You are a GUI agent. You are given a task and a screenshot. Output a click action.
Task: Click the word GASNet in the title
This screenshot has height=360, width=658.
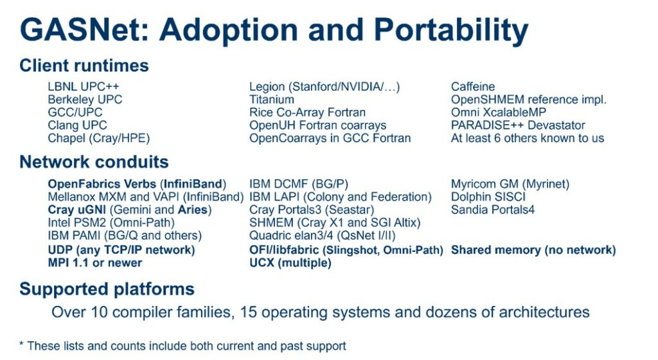[84, 30]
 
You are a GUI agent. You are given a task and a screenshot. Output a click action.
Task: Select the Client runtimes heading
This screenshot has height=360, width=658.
[84, 66]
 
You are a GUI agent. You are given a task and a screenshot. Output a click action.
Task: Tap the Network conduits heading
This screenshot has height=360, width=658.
[94, 162]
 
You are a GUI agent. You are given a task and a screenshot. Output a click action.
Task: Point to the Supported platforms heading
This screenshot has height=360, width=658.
[107, 289]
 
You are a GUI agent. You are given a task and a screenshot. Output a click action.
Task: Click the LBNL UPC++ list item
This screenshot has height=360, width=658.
[84, 86]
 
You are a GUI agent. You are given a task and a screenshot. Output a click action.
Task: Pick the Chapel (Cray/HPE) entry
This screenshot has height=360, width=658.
[98, 138]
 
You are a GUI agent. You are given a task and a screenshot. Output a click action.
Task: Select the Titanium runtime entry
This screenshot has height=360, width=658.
[272, 100]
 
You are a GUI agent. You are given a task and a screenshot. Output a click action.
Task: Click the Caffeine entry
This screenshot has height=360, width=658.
[473, 86]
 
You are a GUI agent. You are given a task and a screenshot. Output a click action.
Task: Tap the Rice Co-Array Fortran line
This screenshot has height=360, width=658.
[307, 113]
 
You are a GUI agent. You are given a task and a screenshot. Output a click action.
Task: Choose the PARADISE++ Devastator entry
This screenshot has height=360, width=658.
[518, 125]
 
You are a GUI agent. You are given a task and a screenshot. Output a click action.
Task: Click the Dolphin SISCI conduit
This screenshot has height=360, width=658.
[488, 197]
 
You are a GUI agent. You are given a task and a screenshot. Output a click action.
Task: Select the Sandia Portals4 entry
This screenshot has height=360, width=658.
[493, 210]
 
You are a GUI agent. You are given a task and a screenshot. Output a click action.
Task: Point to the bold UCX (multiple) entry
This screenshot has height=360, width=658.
[290, 263]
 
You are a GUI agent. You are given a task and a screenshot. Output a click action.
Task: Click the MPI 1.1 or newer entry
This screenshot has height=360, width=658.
[95, 263]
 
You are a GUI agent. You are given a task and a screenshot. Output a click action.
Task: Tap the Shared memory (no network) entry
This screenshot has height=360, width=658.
[533, 250]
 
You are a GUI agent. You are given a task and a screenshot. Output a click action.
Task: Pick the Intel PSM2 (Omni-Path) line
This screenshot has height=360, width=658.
[111, 223]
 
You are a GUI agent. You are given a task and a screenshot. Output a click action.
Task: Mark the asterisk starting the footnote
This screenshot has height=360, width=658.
[21, 344]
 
